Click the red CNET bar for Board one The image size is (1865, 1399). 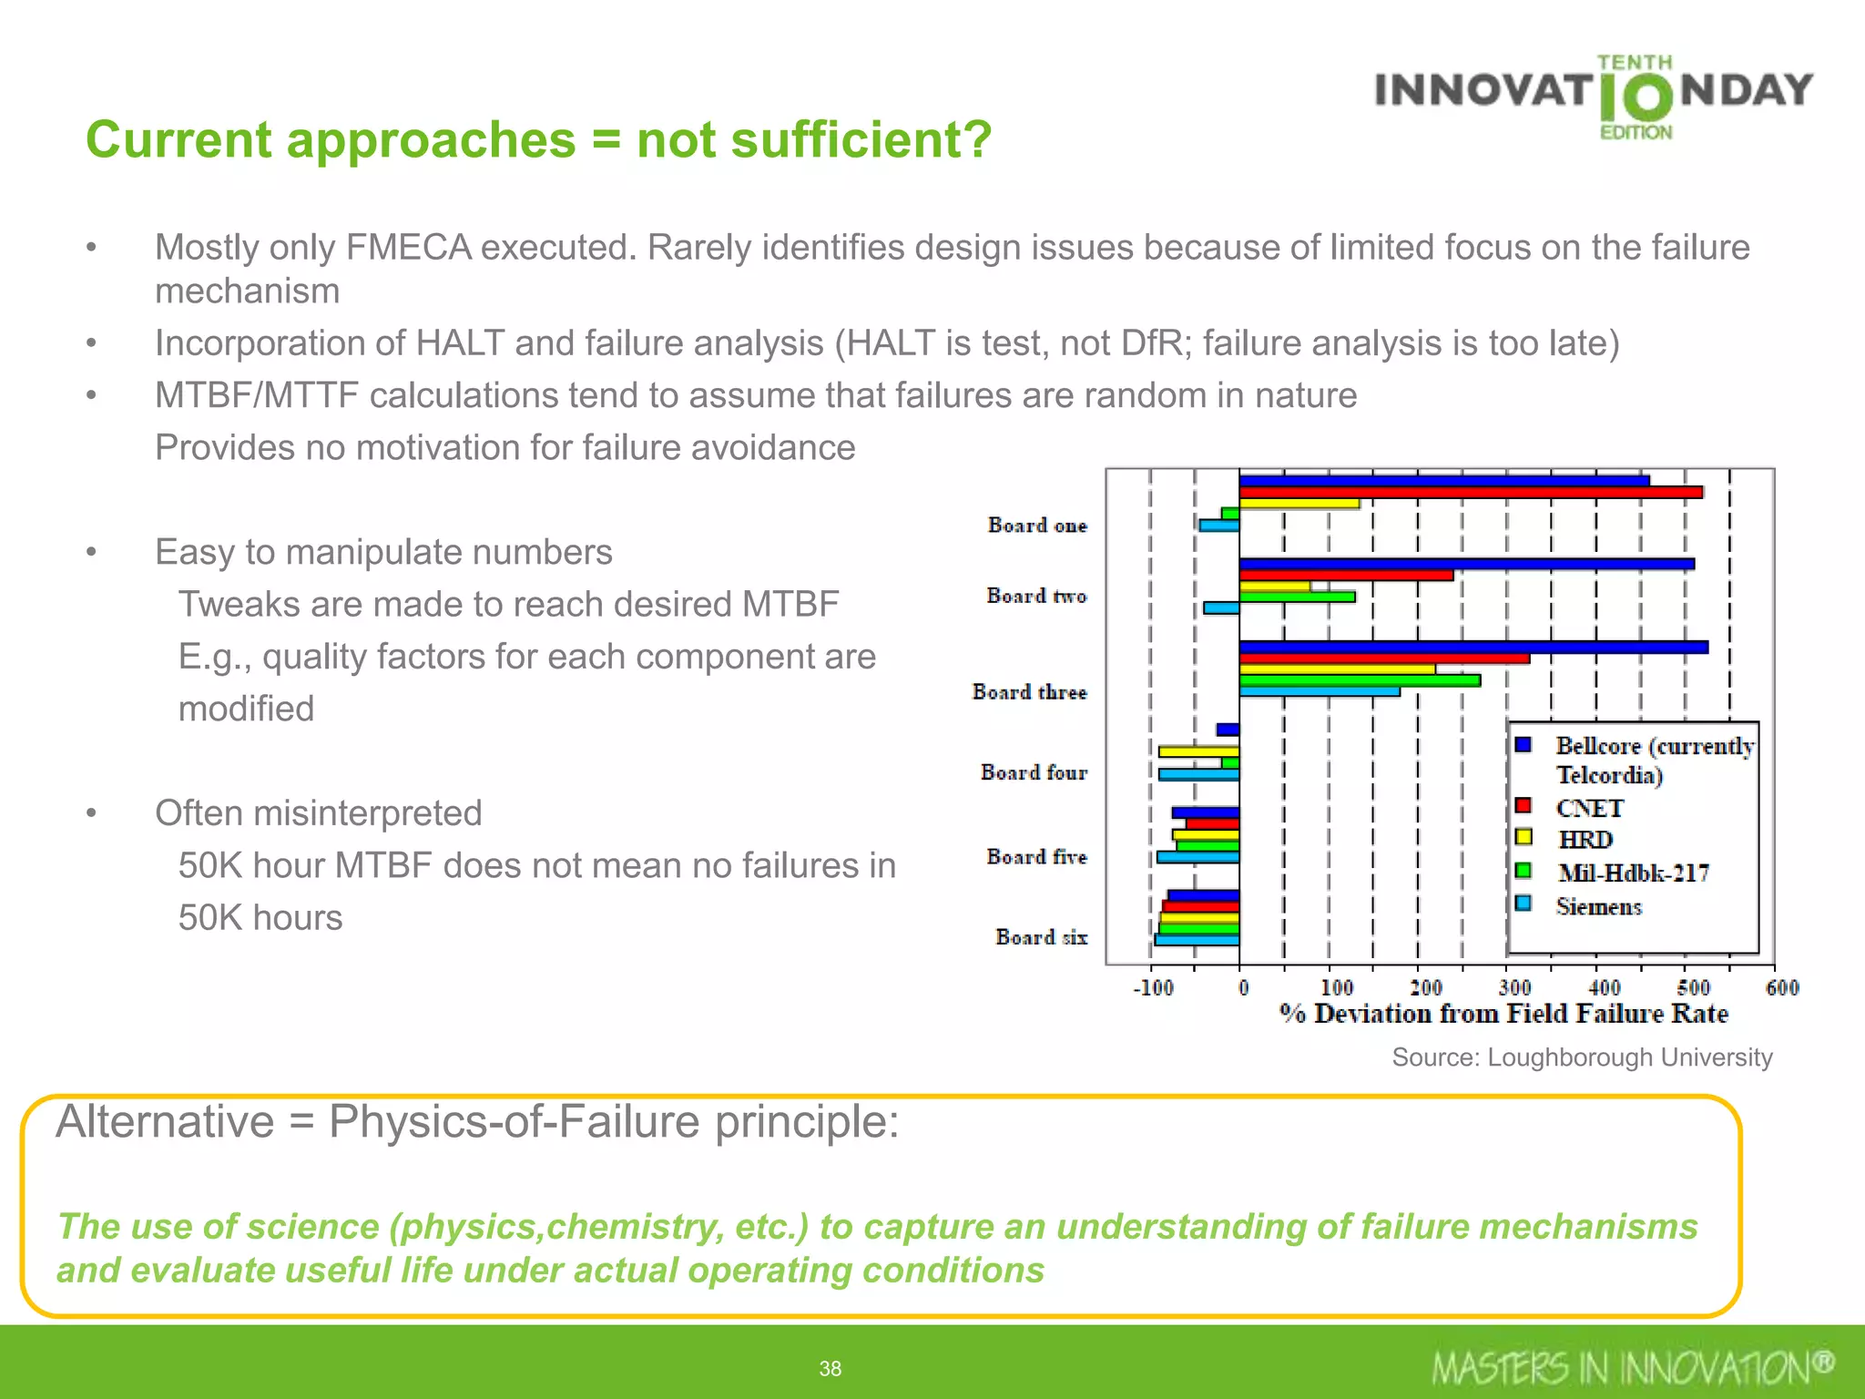click(x=1470, y=492)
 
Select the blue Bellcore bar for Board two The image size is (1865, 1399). click(x=1466, y=564)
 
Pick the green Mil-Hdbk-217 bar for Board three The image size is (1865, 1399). click(x=1359, y=680)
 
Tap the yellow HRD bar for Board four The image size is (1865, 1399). click(x=1197, y=751)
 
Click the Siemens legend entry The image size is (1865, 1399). click(x=1598, y=906)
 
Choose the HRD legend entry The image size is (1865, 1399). click(x=1585, y=839)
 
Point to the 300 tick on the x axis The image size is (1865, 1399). click(x=1514, y=987)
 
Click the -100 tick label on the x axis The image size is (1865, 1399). click(x=1153, y=987)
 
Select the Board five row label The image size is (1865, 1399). click(x=1036, y=856)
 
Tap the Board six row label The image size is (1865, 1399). click(x=1041, y=936)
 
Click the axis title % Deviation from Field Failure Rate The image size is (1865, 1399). click(x=1503, y=1014)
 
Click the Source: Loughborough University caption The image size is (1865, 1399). click(x=1582, y=1057)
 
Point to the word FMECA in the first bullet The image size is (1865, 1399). click(x=408, y=248)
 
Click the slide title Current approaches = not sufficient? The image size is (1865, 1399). click(x=538, y=139)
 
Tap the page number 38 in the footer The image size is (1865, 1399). click(x=830, y=1368)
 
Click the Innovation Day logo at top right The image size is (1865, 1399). click(x=1594, y=96)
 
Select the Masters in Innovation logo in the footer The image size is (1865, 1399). click(x=1632, y=1367)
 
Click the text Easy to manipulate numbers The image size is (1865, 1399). click(x=383, y=552)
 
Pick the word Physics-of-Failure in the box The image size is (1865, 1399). click(x=514, y=1121)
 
